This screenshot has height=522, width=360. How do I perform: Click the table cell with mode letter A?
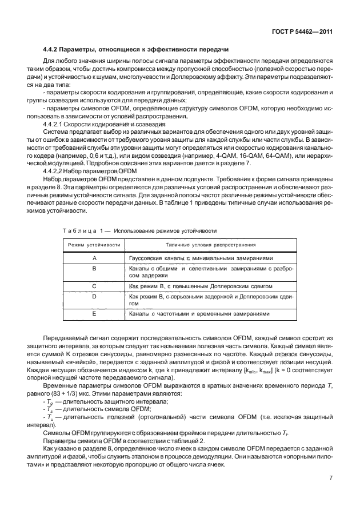coord(94,258)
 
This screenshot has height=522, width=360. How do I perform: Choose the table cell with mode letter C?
coord(94,284)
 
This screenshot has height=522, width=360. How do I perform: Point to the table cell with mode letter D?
coord(94,296)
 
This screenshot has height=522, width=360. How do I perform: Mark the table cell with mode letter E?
coord(94,313)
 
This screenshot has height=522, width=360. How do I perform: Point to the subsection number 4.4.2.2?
coord(57,170)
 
